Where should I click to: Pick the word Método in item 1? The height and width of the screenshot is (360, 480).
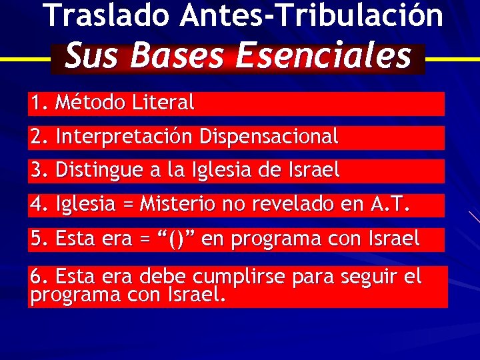pyautogui.click(x=91, y=103)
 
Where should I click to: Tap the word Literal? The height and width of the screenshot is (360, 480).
pyautogui.click(x=163, y=103)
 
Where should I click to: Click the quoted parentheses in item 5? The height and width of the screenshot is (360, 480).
pyautogui.click(x=177, y=239)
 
